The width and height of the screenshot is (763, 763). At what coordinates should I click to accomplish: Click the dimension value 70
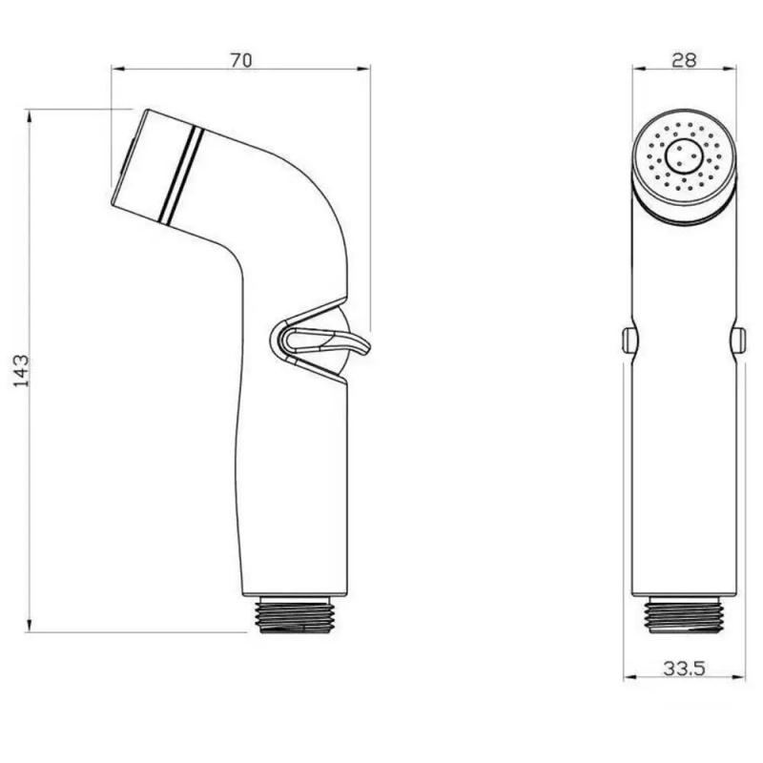(x=240, y=60)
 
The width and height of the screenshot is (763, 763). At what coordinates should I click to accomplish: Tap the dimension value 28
(x=684, y=59)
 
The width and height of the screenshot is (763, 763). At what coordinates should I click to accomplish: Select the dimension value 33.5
(x=684, y=669)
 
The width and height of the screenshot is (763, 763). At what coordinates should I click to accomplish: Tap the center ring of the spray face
(x=683, y=155)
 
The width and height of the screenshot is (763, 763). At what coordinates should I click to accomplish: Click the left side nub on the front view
(x=627, y=339)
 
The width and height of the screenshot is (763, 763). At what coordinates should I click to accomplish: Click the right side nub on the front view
(x=741, y=338)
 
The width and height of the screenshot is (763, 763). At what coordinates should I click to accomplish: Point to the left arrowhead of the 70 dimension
(x=117, y=68)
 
